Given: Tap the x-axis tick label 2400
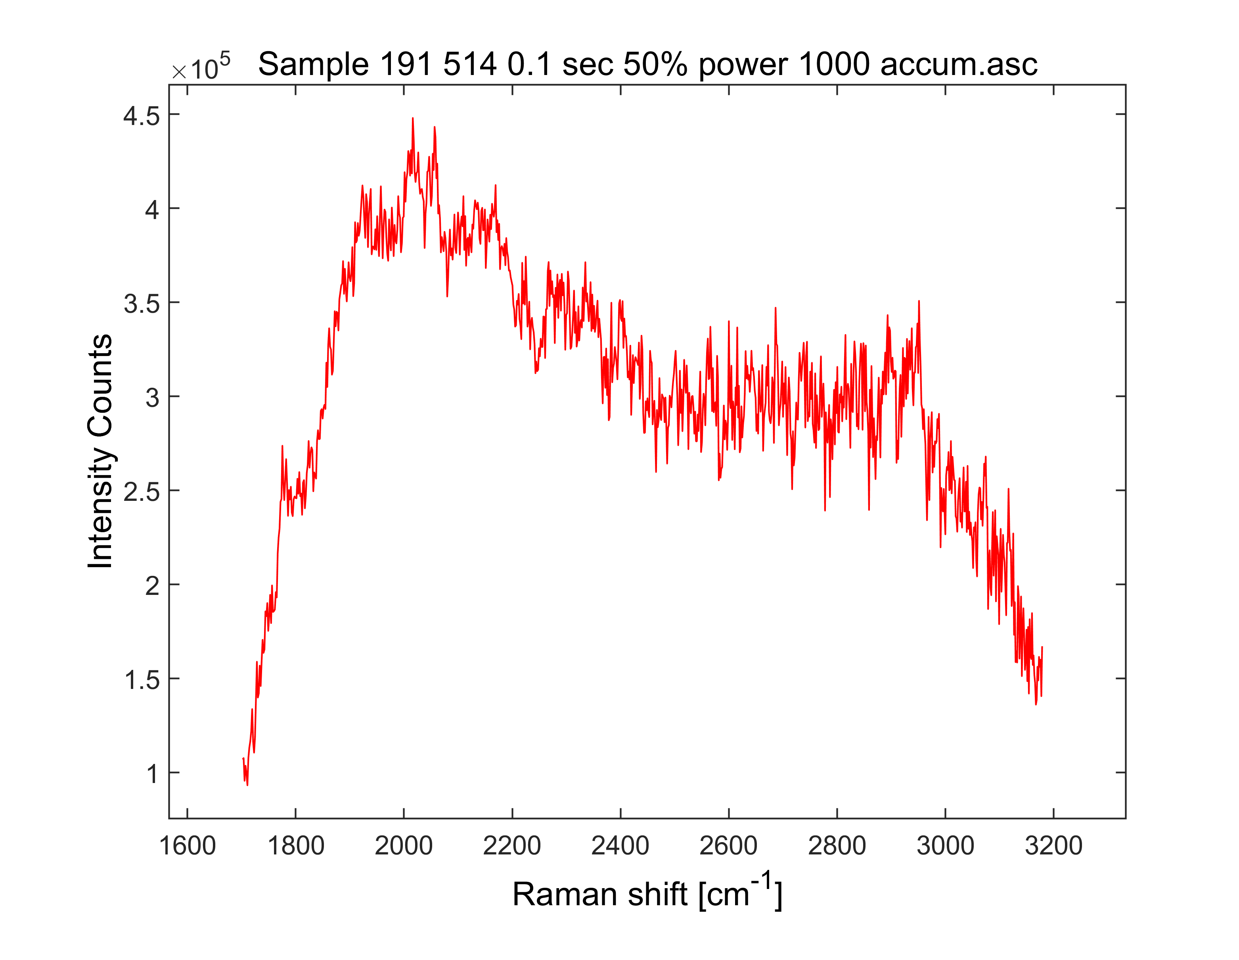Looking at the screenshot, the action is (620, 846).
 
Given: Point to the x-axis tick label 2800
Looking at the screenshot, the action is (837, 846).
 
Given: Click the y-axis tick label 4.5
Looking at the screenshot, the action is (142, 116).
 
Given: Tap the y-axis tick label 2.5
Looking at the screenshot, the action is (142, 492).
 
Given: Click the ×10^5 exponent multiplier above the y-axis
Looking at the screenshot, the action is (201, 67).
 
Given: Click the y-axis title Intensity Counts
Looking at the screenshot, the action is (100, 451).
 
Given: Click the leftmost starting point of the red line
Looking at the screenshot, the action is (243, 758).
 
